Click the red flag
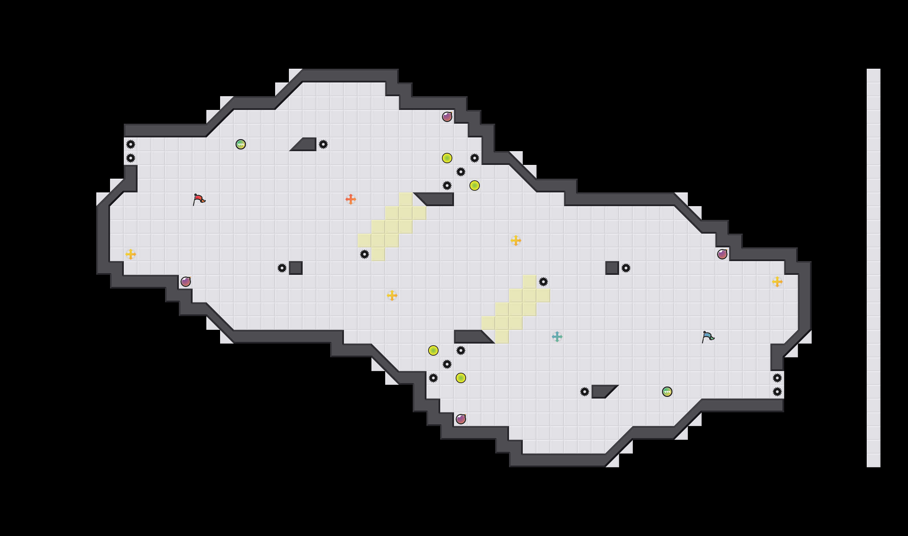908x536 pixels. pyautogui.click(x=198, y=199)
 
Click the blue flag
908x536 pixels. pyautogui.click(x=708, y=337)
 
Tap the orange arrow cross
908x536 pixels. pyautogui.click(x=350, y=199)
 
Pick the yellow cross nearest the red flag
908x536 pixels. pyautogui.click(x=130, y=254)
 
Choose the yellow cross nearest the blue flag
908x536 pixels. pyautogui.click(x=777, y=282)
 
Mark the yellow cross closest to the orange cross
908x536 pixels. pyautogui.click(x=392, y=295)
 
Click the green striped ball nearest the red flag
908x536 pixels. pyautogui.click(x=240, y=144)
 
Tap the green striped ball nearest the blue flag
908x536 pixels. pyautogui.click(x=667, y=392)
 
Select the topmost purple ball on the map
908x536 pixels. pyautogui.click(x=447, y=117)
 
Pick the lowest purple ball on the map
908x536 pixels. pyautogui.click(x=461, y=419)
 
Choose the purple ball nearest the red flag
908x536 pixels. pyautogui.click(x=185, y=281)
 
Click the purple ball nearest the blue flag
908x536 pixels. pyautogui.click(x=722, y=254)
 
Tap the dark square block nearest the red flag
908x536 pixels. pyautogui.click(x=295, y=268)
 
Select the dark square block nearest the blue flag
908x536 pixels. pyautogui.click(x=612, y=268)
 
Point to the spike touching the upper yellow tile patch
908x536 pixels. pyautogui.click(x=364, y=254)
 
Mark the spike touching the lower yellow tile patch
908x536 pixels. pyautogui.click(x=543, y=282)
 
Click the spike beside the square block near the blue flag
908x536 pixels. pyautogui.click(x=626, y=268)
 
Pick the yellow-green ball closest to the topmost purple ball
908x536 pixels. pyautogui.click(x=447, y=158)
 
